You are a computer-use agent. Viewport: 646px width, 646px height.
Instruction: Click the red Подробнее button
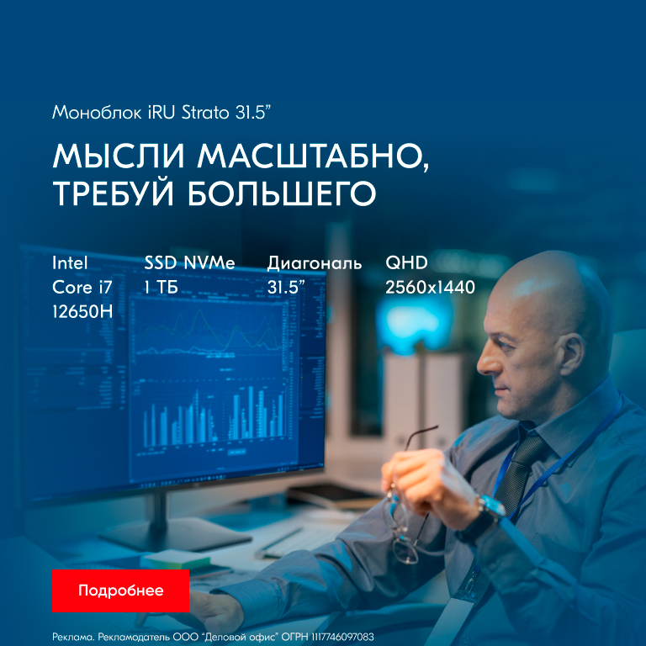point(121,590)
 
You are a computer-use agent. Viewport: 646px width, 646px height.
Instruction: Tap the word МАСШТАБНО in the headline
point(313,156)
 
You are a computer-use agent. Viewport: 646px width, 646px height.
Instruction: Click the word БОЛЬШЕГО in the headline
point(283,193)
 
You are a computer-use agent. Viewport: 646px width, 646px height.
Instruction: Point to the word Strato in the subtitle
point(205,113)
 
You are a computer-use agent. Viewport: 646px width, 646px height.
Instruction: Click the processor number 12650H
point(82,311)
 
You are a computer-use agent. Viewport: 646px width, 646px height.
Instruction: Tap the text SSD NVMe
point(189,262)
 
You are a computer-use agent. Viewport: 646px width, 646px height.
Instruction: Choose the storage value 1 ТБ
point(161,287)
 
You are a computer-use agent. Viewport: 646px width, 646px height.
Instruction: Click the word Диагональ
point(315,263)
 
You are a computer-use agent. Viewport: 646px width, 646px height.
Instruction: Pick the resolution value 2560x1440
point(430,287)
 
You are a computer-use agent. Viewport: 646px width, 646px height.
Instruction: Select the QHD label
point(406,262)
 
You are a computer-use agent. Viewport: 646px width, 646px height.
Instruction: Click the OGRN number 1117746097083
point(342,637)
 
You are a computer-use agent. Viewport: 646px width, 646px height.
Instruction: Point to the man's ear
point(571,354)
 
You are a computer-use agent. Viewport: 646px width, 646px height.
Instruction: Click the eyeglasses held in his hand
point(404,515)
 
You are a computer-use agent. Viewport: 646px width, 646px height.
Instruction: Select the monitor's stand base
point(175,534)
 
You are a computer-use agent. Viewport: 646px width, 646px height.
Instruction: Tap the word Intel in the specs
point(70,262)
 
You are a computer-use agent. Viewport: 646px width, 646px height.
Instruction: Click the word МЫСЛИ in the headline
point(119,156)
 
